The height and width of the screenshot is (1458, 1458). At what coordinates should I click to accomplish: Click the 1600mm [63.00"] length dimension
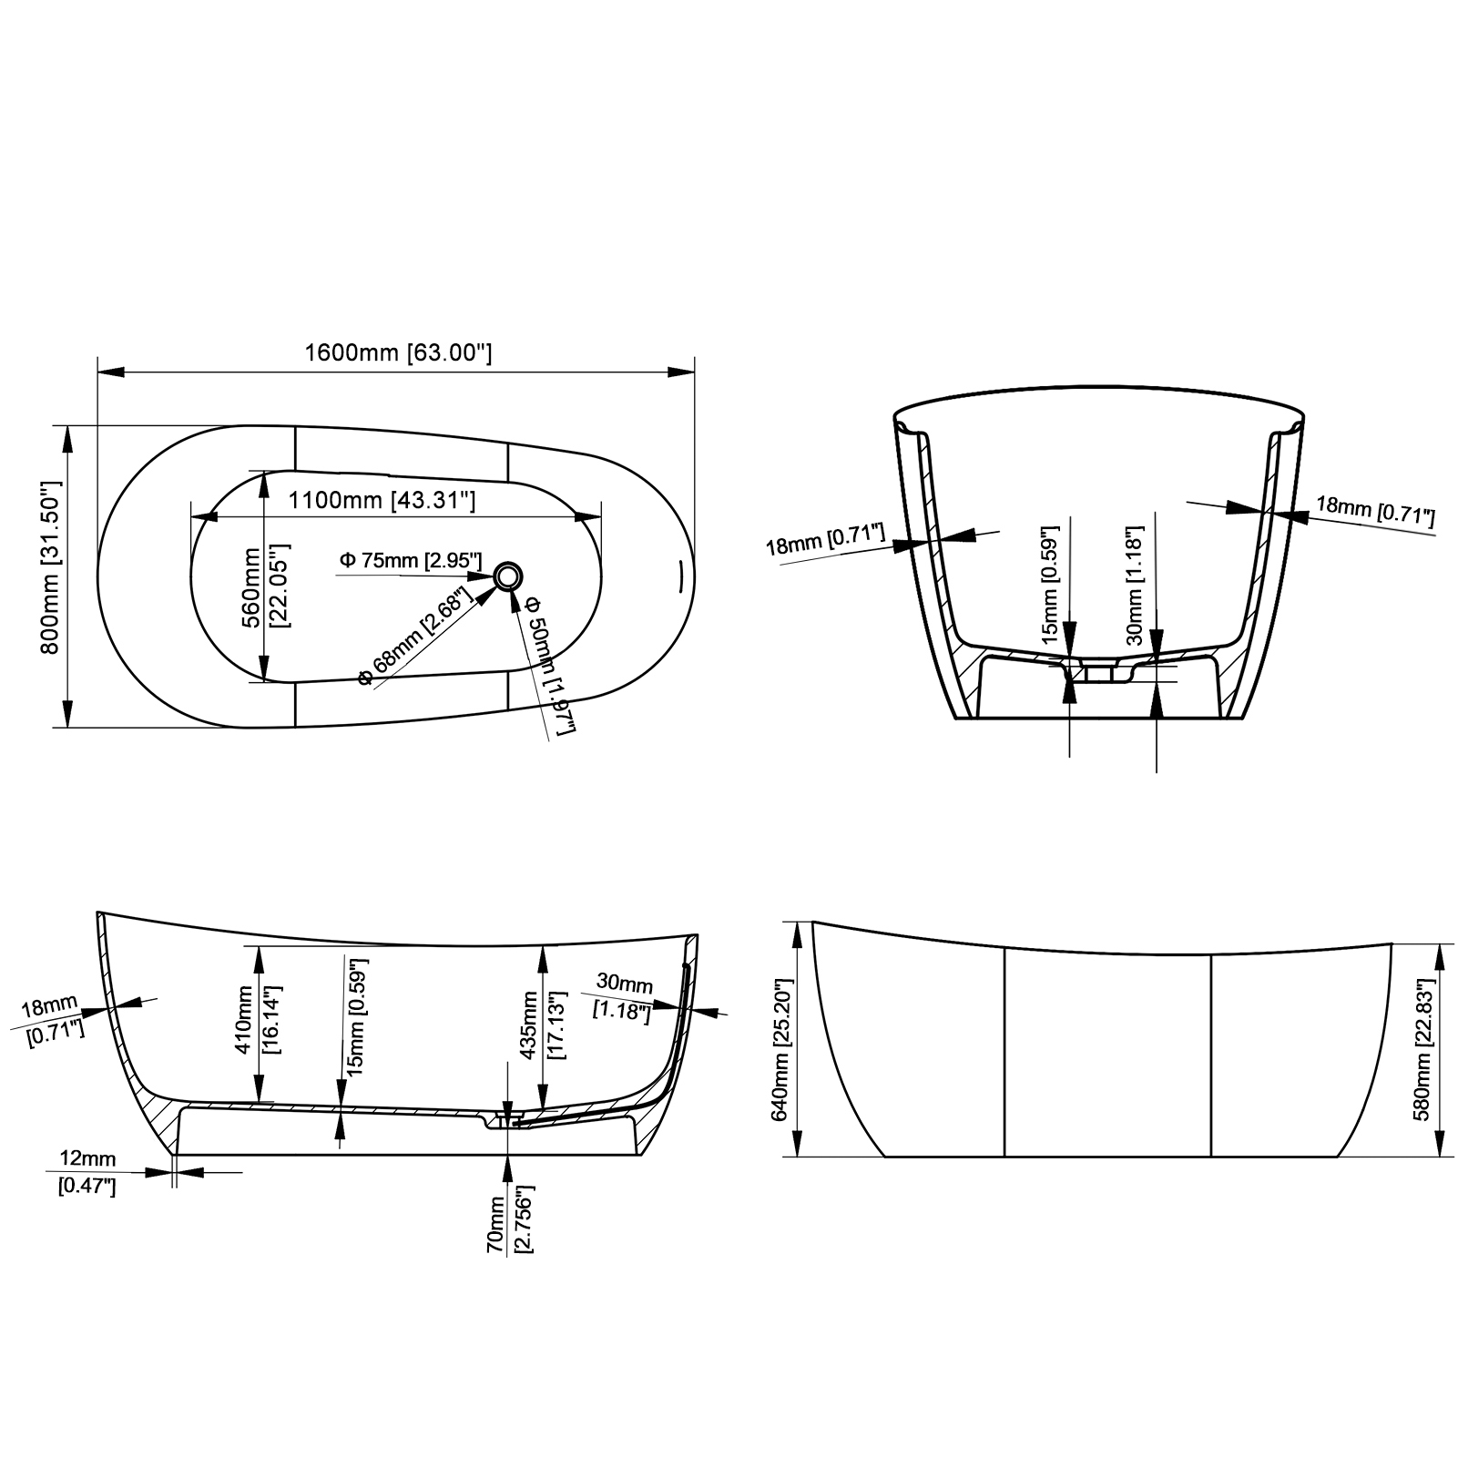398,352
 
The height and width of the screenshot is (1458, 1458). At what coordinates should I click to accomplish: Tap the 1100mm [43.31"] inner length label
382,500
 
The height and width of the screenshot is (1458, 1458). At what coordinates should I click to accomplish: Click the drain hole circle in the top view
508,576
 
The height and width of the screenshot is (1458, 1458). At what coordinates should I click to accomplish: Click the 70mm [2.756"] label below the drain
509,1219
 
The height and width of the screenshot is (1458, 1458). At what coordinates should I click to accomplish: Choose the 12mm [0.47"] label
87,1172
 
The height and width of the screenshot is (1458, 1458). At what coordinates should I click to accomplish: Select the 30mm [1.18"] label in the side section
624,995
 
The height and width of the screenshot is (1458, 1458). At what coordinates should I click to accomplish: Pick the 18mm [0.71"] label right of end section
1374,512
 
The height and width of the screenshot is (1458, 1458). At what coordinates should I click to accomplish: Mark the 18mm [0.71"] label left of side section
53,1020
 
